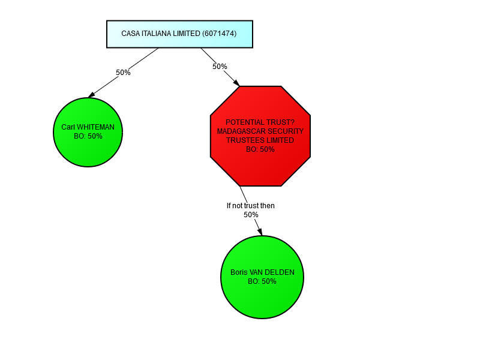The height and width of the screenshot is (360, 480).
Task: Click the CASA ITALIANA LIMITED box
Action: click(179, 34)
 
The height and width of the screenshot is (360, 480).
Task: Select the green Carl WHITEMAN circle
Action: click(88, 132)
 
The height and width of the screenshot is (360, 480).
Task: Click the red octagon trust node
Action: click(260, 136)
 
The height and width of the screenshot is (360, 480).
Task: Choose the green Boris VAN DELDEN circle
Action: click(262, 277)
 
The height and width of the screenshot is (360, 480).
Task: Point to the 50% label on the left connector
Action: click(123, 73)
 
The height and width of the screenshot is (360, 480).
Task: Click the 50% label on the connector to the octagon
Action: click(220, 67)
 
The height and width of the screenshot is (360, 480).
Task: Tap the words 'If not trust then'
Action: click(251, 206)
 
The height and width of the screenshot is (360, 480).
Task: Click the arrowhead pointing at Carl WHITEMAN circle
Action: click(91, 94)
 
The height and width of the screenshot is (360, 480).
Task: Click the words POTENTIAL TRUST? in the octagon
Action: click(260, 122)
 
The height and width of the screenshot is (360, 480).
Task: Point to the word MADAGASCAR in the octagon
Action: click(242, 131)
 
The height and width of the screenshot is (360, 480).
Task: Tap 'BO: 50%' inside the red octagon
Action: click(260, 149)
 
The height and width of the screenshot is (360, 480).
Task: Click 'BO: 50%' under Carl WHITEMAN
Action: click(88, 136)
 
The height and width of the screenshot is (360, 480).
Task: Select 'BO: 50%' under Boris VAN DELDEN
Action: click(262, 281)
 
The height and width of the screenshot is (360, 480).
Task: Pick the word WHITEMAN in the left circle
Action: click(96, 127)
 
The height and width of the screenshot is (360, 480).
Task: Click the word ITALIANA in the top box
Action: click(157, 34)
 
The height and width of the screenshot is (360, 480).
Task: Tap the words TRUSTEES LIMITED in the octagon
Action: click(260, 140)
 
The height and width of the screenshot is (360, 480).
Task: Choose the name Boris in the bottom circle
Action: click(239, 272)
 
